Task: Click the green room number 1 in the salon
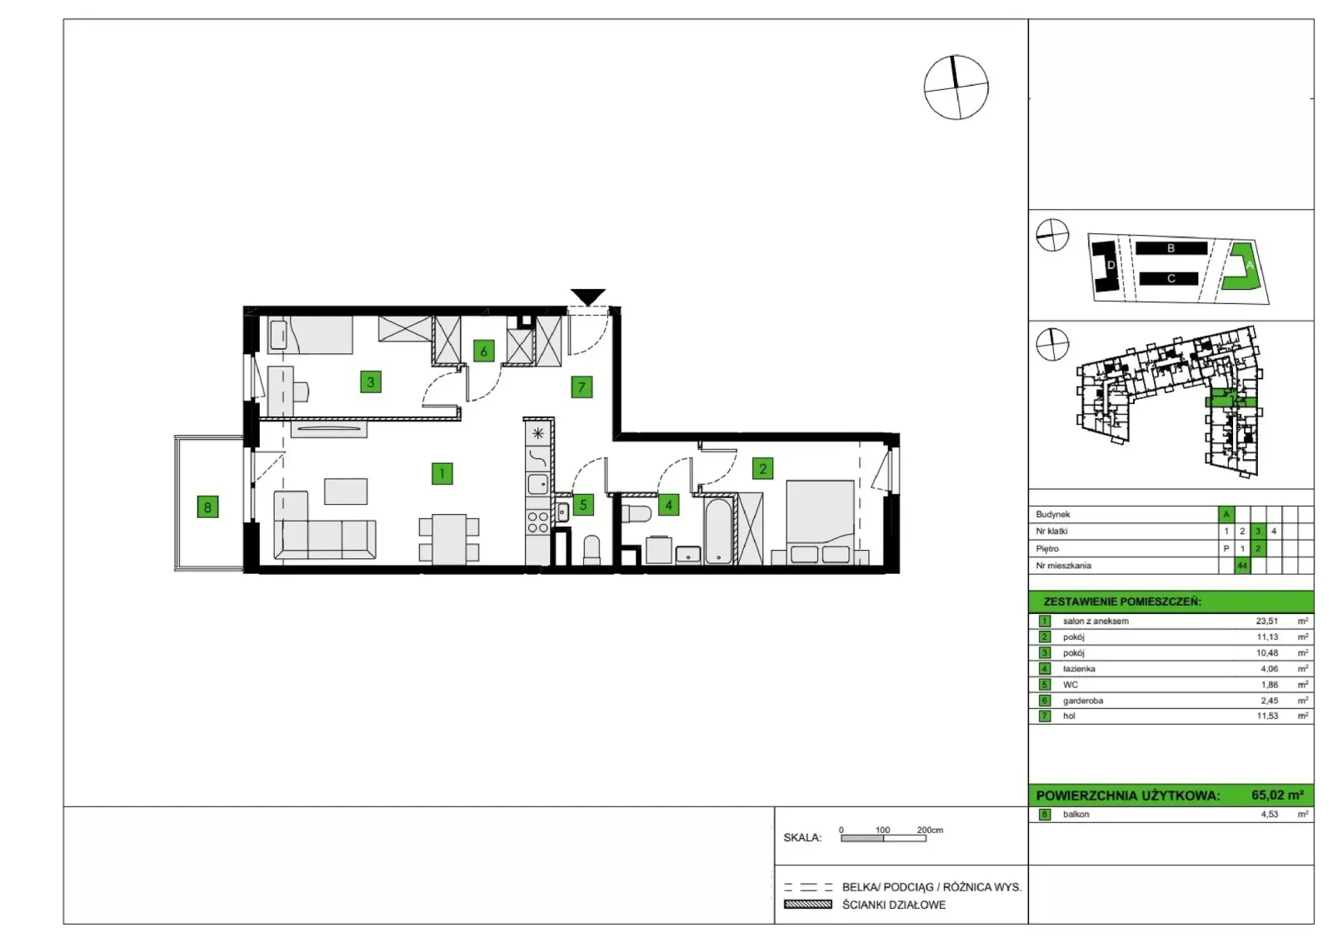[x=442, y=473]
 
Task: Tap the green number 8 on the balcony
[x=207, y=506]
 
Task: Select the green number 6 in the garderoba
[x=483, y=351]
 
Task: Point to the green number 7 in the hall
[x=582, y=387]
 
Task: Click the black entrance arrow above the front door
[x=588, y=296]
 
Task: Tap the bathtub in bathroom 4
[x=718, y=531]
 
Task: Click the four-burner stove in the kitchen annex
[x=538, y=522]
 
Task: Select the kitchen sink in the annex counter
[x=538, y=484]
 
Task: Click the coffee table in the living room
[x=346, y=491]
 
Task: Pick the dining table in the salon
[x=449, y=539]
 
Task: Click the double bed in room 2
[x=820, y=521]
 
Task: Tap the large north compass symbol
[x=956, y=87]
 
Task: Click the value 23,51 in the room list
[x=1267, y=621]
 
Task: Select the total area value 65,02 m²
[x=1278, y=795]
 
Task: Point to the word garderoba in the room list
[x=1083, y=701]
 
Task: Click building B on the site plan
[x=1171, y=248]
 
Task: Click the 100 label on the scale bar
[x=882, y=830]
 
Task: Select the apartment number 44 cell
[x=1242, y=565]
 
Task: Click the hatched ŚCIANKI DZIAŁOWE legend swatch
[x=807, y=905]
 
